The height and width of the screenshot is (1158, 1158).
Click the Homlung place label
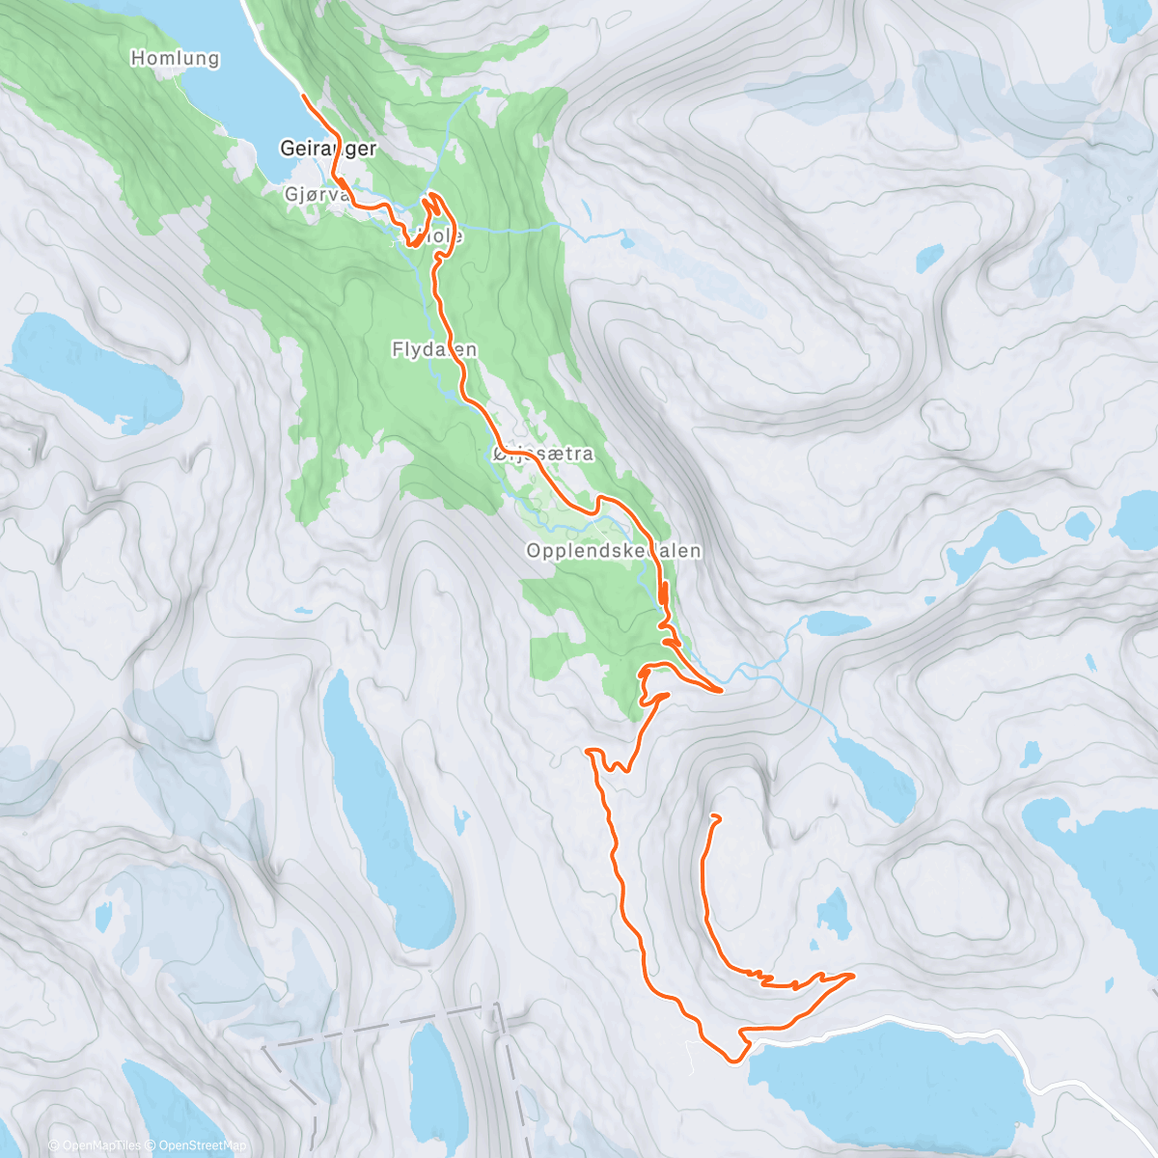175,58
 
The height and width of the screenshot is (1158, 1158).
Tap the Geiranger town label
327,149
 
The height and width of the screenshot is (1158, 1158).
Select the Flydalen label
434,349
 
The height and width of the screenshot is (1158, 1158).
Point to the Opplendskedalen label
613,551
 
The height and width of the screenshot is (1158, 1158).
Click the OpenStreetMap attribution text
202,1145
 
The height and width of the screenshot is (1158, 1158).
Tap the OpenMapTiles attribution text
101,1145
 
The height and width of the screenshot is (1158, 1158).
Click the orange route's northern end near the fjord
304,96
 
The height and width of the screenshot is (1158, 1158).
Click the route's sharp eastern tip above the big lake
854,976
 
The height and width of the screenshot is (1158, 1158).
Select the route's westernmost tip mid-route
589,749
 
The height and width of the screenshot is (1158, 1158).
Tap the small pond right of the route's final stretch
832,913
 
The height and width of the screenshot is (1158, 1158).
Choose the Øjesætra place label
542,454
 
